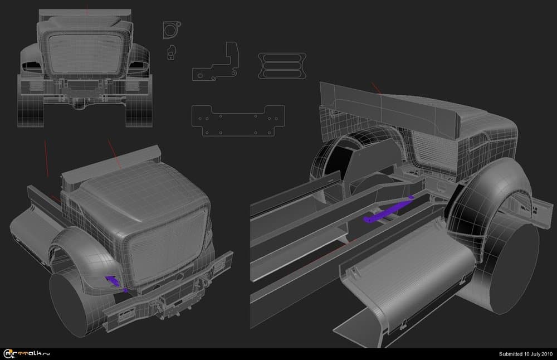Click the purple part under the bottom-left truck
(x=116, y=282)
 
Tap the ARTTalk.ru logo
(x=27, y=354)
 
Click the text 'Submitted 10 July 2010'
(x=526, y=354)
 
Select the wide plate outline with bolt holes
(x=238, y=121)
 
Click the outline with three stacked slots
(x=282, y=66)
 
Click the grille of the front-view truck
(x=85, y=53)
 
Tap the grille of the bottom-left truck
(x=166, y=245)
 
